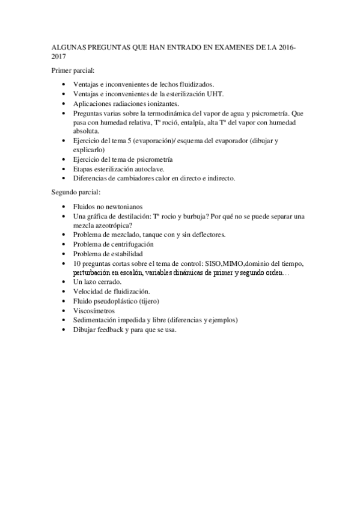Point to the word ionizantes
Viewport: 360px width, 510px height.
click(x=137, y=103)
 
